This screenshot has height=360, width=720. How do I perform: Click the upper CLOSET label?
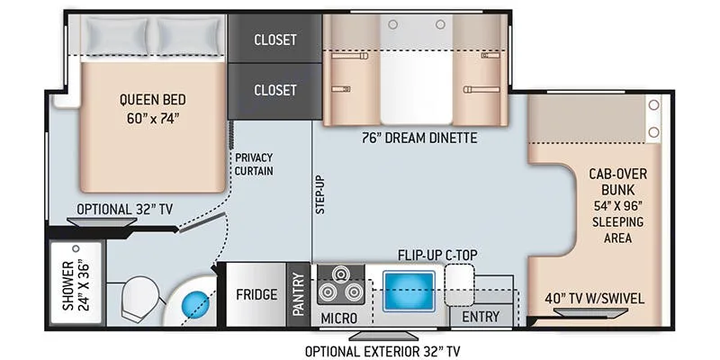[275, 40]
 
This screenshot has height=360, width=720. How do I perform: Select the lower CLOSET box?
[275, 92]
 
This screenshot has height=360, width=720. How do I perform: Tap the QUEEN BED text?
[153, 99]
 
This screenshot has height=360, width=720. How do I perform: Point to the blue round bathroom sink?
[196, 305]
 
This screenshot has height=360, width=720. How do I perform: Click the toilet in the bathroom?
[139, 298]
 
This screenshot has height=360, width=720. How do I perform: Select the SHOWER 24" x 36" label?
[76, 286]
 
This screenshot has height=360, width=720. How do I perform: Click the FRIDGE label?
[256, 294]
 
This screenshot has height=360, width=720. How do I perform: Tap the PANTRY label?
[299, 294]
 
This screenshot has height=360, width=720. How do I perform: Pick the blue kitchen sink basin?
[409, 291]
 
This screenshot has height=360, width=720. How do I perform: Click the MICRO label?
[339, 318]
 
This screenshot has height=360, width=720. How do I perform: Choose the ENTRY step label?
[481, 317]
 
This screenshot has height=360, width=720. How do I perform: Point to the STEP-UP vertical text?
[319, 194]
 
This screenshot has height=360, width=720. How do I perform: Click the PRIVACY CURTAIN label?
[254, 164]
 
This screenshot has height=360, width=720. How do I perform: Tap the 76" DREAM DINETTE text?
[418, 138]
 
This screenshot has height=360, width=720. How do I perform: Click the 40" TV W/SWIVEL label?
[594, 299]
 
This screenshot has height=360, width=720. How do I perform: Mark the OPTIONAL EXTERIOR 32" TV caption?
[382, 351]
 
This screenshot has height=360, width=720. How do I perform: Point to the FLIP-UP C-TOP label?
[437, 255]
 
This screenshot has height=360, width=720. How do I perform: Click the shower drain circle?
[76, 248]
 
